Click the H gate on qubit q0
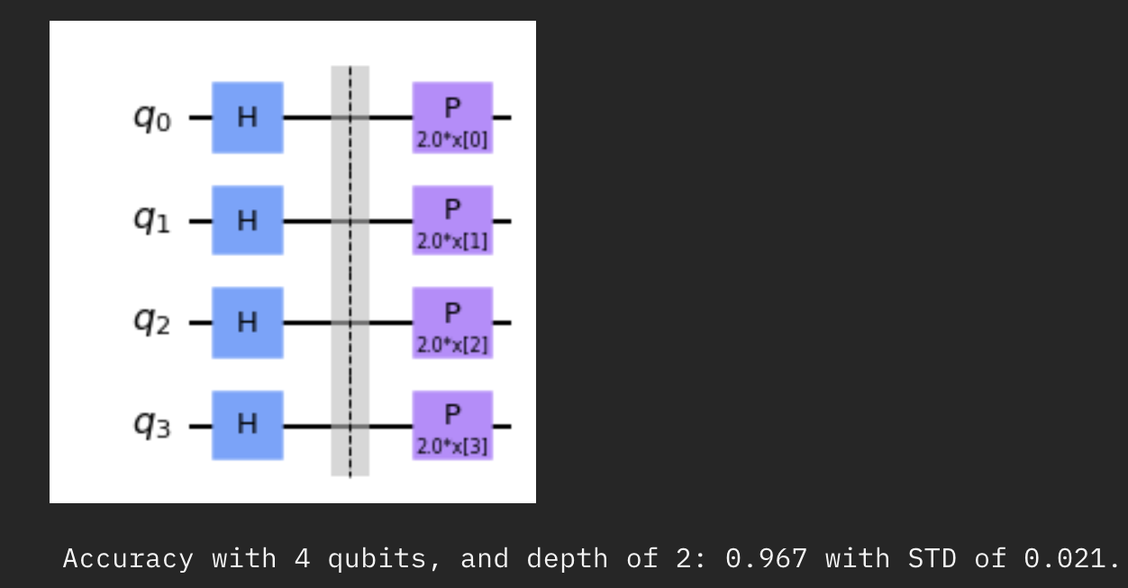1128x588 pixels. (247, 117)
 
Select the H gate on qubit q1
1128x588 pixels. (247, 220)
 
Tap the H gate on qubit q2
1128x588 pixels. (247, 322)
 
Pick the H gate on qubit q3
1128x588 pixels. (247, 425)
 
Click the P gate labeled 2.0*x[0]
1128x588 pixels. (452, 117)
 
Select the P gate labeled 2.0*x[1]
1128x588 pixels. (452, 220)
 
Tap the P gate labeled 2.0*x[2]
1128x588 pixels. (452, 322)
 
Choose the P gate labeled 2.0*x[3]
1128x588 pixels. (452, 425)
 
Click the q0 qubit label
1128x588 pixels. (151, 118)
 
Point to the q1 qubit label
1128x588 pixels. (151, 221)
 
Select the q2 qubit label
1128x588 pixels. (151, 323)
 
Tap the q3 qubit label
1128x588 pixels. (151, 426)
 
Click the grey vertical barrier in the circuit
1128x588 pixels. (350, 271)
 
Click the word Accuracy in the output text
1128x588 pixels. (128, 559)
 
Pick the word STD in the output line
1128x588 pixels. (932, 559)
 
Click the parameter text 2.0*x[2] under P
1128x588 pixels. (452, 345)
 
